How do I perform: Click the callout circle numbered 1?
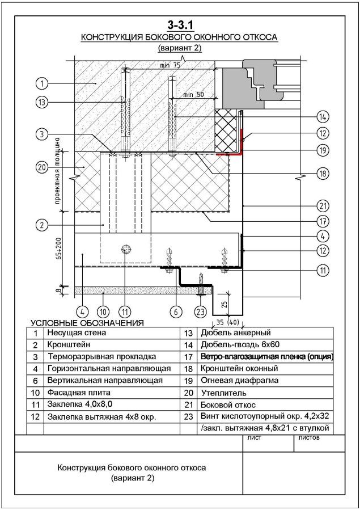coord(42,83)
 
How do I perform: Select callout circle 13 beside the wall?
coord(42,103)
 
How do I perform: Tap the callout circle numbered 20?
coord(42,167)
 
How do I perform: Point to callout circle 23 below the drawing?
coord(200,312)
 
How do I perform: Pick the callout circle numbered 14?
coord(323,116)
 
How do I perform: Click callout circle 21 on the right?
coord(323,206)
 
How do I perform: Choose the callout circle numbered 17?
coord(323,221)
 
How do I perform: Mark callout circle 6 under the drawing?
coord(176,312)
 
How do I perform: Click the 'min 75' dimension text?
coord(170,65)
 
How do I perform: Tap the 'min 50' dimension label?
coord(193,95)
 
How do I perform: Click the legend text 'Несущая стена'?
coord(77,333)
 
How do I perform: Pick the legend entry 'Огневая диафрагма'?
coord(240,380)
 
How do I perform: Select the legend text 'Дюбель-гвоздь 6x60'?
coord(240,344)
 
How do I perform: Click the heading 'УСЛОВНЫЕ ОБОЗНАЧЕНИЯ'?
coord(87,323)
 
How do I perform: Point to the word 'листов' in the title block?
coord(308,438)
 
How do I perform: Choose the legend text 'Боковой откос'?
coord(228,405)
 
